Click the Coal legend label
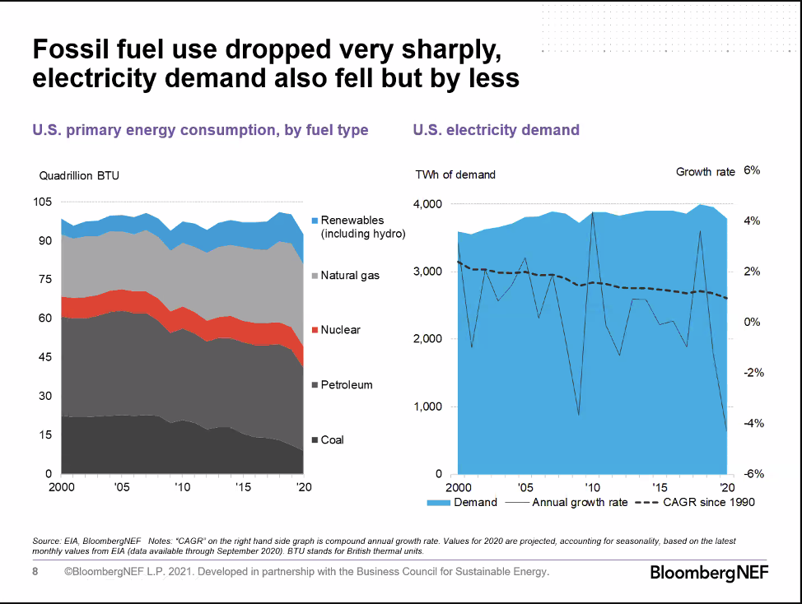(x=332, y=440)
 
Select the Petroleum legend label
(x=346, y=385)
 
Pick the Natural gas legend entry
(x=350, y=275)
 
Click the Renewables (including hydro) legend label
(x=363, y=227)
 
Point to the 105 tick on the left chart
(x=42, y=202)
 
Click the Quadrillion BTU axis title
(x=79, y=175)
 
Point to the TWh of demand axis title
(x=455, y=174)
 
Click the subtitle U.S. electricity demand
(x=496, y=130)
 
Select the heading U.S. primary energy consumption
(x=200, y=130)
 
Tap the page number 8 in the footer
(x=35, y=572)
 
